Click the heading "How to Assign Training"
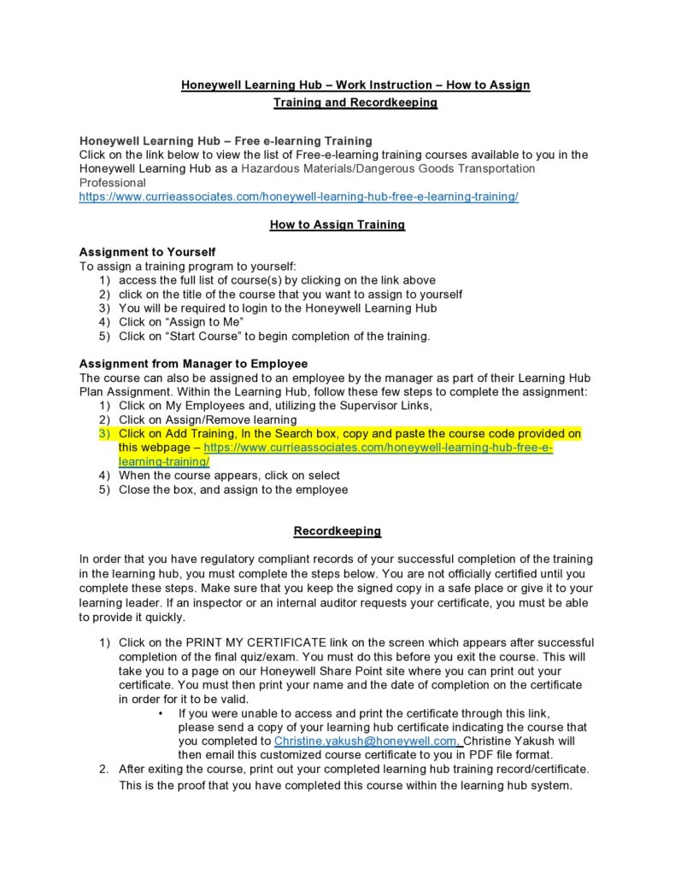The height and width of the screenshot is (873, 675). [337, 225]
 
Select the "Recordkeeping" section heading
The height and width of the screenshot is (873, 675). [337, 531]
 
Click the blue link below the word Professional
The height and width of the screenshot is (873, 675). [298, 196]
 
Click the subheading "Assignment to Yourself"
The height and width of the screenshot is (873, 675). [147, 252]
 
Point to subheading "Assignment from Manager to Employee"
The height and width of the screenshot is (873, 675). [193, 364]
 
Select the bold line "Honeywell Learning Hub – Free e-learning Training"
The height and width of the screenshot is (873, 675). [226, 141]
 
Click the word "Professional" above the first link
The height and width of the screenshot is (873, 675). [112, 183]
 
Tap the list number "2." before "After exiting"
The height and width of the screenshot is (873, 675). [103, 769]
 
